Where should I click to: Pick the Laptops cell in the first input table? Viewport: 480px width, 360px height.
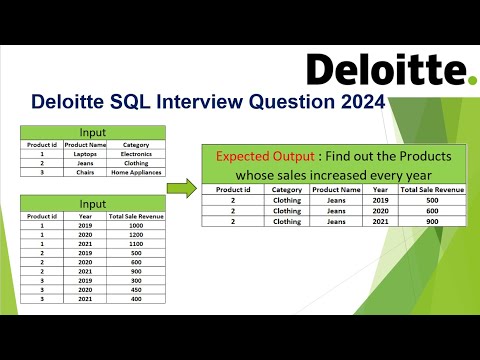pos(83,155)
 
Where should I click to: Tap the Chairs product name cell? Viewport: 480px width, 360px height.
pos(83,173)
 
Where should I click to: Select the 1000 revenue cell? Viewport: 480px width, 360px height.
pos(135,225)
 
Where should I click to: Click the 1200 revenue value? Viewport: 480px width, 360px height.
pos(135,235)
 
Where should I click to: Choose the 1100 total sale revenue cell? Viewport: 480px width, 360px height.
pos(135,244)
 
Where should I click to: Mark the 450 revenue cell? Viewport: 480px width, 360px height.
pos(135,290)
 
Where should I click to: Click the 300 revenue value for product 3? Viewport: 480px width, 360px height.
pos(135,281)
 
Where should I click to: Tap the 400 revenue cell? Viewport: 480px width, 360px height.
pos(135,299)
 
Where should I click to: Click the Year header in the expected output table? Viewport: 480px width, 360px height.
pos(381,189)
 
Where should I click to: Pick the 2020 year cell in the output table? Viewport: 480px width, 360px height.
pos(381,211)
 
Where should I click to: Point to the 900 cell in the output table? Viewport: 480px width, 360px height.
pos(432,222)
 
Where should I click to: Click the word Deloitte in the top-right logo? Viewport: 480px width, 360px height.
pos(384,69)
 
